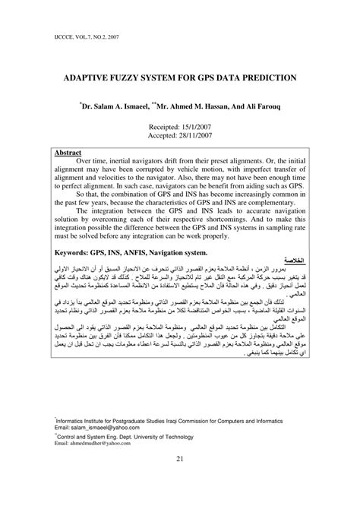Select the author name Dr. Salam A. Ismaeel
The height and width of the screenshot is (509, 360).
(x=120, y=109)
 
